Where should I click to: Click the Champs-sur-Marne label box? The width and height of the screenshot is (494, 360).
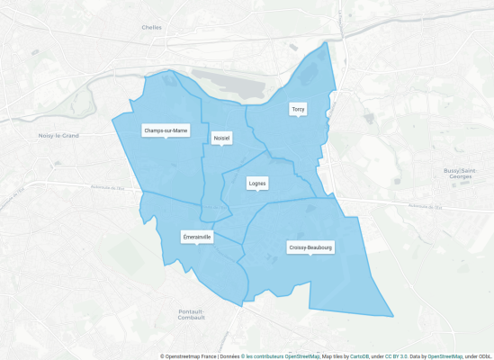pos(166,130)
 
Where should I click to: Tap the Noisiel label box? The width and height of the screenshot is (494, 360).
pos(221,138)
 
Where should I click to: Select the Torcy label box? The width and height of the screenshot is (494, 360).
pos(298,109)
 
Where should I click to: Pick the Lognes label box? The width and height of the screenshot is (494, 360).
pos(257,183)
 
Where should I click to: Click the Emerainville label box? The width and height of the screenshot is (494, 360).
pos(197,237)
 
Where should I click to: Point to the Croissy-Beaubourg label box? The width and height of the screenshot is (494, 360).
pos(310,247)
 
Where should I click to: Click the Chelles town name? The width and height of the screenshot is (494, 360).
pos(151,27)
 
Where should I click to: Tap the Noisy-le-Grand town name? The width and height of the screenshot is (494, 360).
pos(59,136)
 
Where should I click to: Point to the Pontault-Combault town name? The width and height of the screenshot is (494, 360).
pos(192,314)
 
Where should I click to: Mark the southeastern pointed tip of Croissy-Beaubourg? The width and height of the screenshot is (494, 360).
pos(393,317)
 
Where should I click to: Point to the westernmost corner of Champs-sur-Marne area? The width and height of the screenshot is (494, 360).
pos(112,118)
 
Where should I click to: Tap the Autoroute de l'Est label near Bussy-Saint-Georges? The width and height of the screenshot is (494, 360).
pos(428,204)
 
